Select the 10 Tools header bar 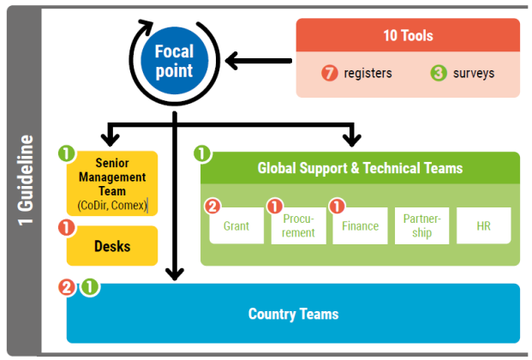click(x=408, y=36)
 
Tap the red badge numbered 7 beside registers click(x=330, y=74)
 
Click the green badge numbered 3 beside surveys click(x=439, y=74)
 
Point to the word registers click(x=368, y=74)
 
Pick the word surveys click(x=475, y=74)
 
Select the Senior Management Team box click(x=112, y=183)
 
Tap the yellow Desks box click(x=112, y=246)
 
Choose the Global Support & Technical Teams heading click(x=360, y=168)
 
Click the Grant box click(x=236, y=226)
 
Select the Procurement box click(x=298, y=226)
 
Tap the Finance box click(x=360, y=226)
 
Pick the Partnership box click(x=421, y=226)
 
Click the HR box click(x=483, y=226)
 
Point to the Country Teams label click(x=293, y=314)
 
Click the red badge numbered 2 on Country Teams click(x=67, y=287)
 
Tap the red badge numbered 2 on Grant click(x=212, y=207)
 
